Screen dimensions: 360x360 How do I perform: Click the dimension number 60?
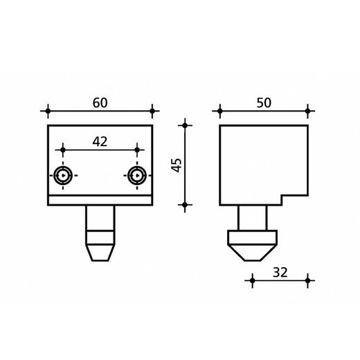(100, 103)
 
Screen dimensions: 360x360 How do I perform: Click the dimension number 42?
(100, 142)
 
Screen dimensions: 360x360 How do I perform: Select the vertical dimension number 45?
(177, 165)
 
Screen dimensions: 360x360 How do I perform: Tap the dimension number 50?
(264, 103)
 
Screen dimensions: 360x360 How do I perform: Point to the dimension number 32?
(280, 272)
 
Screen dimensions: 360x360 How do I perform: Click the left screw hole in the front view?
(63, 176)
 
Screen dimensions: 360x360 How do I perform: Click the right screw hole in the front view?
(137, 176)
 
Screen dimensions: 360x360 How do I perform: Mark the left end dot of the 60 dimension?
(48, 111)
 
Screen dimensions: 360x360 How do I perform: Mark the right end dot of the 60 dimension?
(152, 111)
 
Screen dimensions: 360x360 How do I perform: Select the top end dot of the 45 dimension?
(185, 125)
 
